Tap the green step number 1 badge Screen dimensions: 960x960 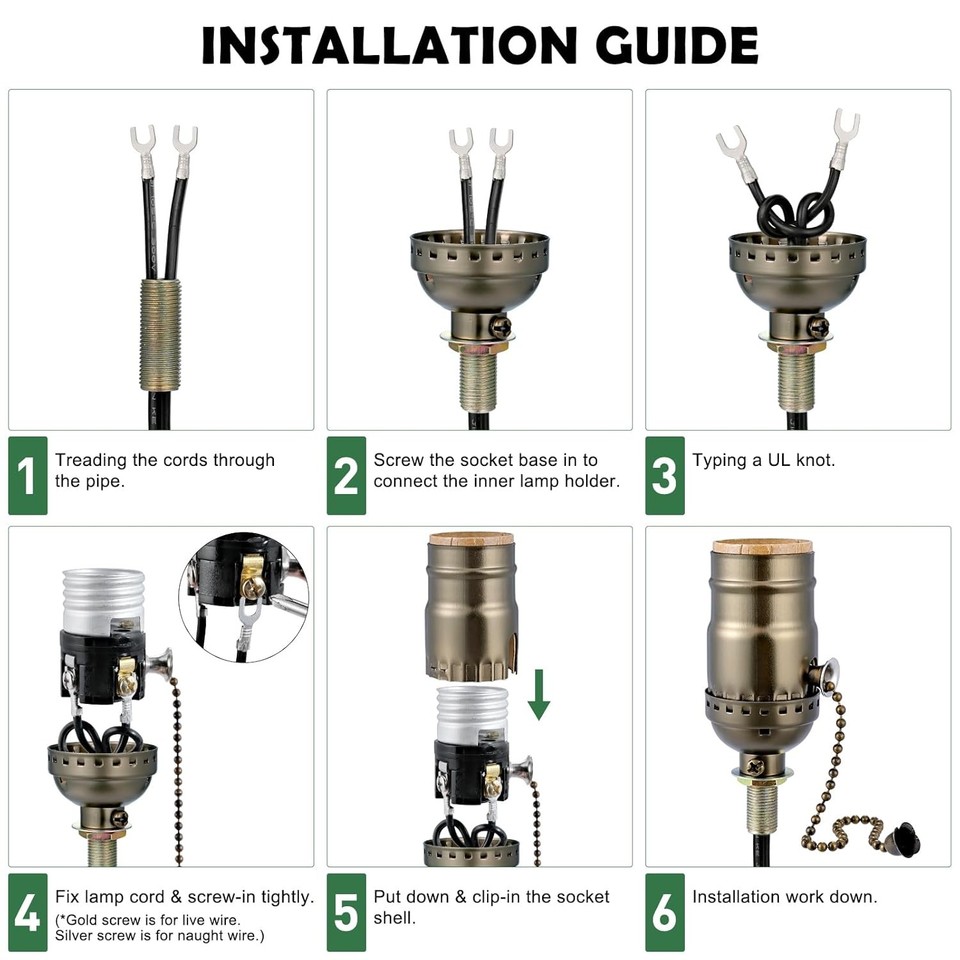(27, 476)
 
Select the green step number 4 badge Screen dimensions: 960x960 (27, 912)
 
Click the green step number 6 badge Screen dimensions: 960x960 (664, 912)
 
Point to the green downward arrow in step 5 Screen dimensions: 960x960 (539, 694)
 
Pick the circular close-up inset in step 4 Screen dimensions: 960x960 (243, 594)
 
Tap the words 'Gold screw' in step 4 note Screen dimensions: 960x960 (99, 919)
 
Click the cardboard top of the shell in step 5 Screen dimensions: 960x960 (471, 539)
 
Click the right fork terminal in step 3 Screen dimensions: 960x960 (845, 129)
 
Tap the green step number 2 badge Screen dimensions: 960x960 (346, 476)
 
